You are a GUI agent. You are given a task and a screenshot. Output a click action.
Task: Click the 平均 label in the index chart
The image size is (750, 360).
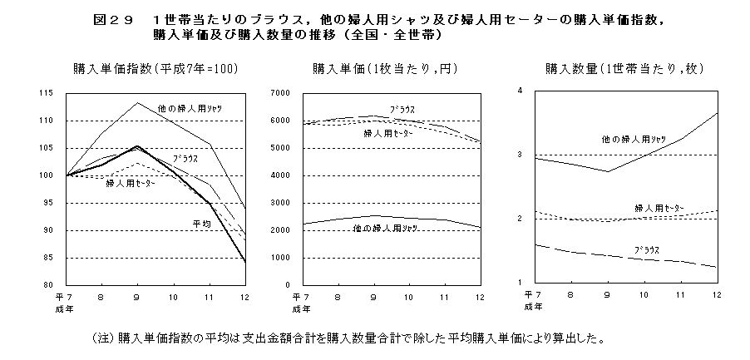click(202, 223)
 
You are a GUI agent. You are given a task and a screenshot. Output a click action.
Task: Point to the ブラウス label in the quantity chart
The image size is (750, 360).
click(648, 249)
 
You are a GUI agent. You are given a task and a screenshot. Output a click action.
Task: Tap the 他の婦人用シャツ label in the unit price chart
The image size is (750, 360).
click(385, 227)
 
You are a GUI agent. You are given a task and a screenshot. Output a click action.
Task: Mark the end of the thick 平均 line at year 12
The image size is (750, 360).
click(244, 262)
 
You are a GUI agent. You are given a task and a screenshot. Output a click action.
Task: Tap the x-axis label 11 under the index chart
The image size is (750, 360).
click(210, 296)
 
